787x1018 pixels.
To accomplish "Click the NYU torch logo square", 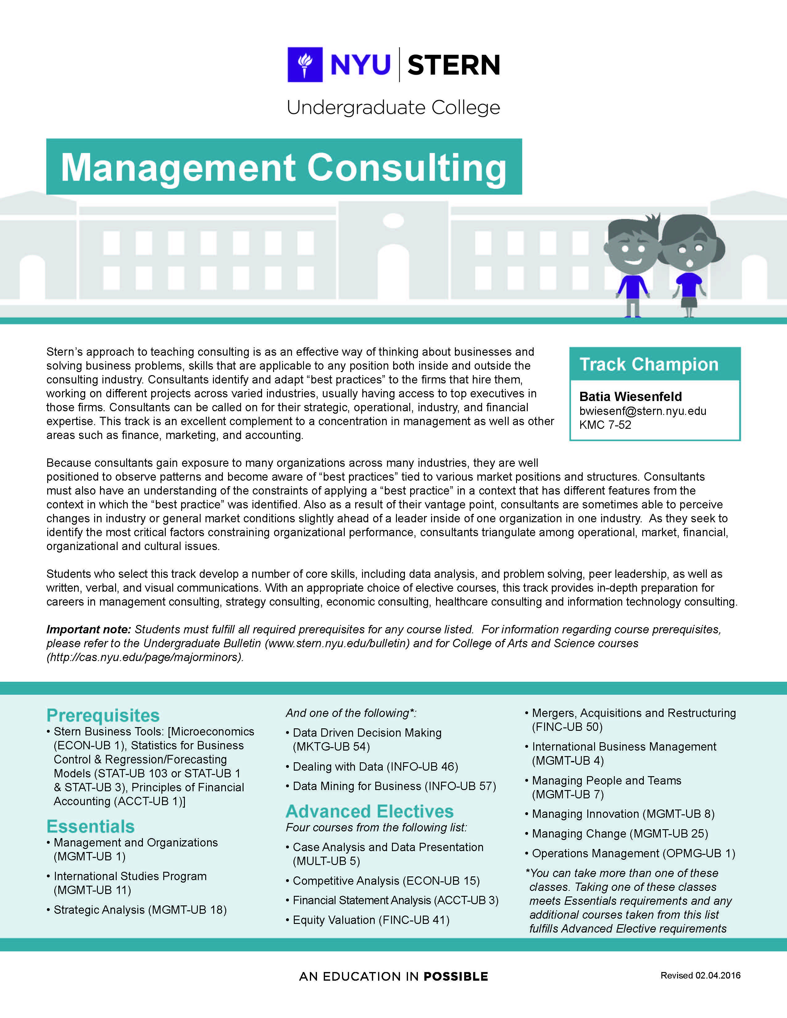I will coord(305,64).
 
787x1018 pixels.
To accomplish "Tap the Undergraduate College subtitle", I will coord(393,108).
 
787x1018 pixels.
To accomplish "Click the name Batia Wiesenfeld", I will coord(630,397).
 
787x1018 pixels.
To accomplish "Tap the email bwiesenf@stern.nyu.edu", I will coord(643,411).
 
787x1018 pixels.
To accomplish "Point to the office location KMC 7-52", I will coord(605,425).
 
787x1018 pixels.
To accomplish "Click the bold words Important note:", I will coord(89,630).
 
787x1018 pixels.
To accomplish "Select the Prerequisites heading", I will coord(103,715).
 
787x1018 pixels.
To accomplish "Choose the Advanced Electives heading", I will coord(369,812).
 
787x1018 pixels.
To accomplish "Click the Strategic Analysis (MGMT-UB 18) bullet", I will coord(140,910).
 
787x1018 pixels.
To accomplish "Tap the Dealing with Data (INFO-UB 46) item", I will coord(375,767).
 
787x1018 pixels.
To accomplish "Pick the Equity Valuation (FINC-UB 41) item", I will coord(371,920).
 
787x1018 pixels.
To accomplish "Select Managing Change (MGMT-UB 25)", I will coord(620,834).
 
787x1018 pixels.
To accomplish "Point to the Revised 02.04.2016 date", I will coord(700,975).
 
